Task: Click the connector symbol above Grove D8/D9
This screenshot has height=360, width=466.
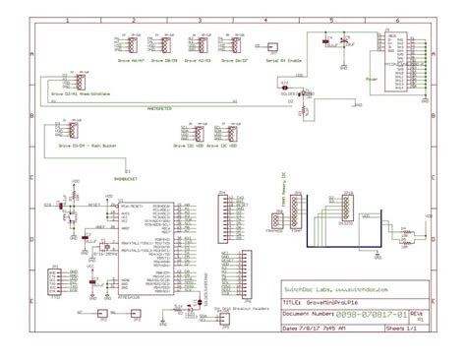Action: pos(170,45)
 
